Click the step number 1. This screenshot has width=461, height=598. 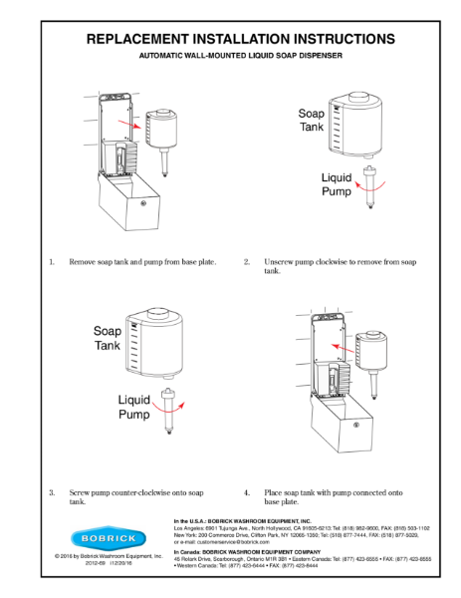tap(51, 262)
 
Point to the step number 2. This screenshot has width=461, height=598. tap(246, 262)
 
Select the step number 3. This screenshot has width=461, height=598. tap(51, 491)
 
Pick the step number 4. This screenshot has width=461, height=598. tap(246, 491)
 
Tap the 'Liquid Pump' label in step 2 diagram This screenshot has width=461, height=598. tap(336, 185)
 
